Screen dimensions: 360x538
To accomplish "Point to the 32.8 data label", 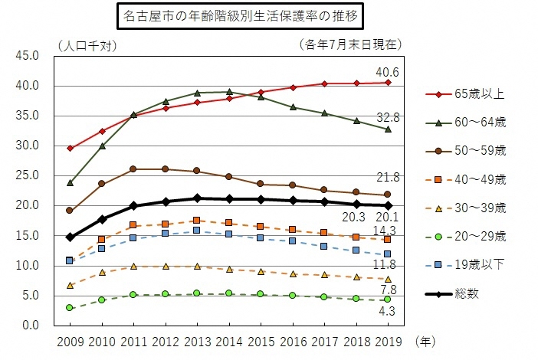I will click(388, 117).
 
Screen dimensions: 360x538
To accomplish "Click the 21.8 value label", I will click(388, 177).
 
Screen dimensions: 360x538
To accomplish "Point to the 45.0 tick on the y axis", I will click(28, 56).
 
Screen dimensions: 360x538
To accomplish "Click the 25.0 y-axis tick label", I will click(28, 175).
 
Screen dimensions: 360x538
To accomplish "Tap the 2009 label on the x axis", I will click(70, 339).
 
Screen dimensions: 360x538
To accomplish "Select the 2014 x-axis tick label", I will click(228, 339).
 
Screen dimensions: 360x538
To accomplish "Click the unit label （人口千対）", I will click(86, 44).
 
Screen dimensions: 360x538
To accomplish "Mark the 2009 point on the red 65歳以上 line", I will click(70, 148).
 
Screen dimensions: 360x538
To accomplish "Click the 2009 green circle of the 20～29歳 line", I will click(70, 308).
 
